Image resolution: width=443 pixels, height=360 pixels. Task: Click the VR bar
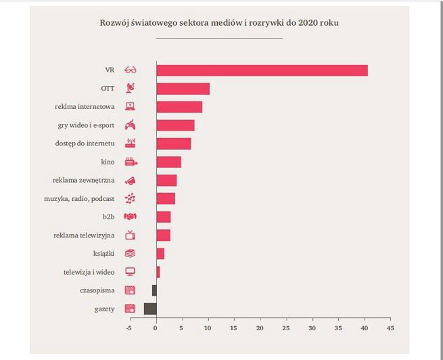262,70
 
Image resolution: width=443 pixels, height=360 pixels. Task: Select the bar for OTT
183,89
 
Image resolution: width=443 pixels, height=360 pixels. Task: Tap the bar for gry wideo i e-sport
175,125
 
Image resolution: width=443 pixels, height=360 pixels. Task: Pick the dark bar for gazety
150,309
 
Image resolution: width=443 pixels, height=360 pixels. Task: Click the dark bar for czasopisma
154,290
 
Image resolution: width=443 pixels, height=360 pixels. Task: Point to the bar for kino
168,162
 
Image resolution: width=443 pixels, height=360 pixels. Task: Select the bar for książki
160,254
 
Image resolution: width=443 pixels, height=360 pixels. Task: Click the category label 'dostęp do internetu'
85,143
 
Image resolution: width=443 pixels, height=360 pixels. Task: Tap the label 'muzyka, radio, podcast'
85,199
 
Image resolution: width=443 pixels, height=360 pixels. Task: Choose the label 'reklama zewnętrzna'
83,180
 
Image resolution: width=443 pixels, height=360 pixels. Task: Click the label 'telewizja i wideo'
89,272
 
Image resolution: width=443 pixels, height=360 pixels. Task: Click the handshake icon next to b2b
131,217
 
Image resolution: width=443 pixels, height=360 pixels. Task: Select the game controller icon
131,125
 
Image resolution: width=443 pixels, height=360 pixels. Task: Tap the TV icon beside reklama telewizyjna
131,235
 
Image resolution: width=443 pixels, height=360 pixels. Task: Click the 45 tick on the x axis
390,330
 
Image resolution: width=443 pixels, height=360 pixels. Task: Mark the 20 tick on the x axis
260,330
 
